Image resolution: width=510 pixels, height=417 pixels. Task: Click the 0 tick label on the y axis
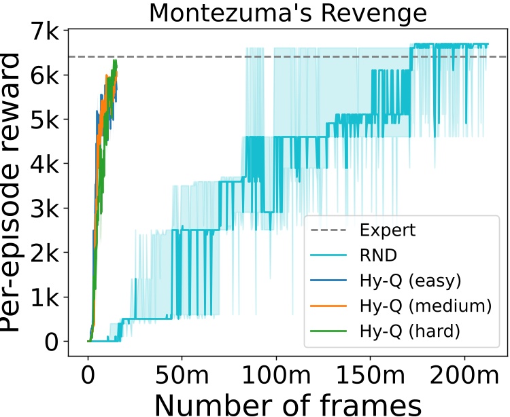pyautogui.click(x=52, y=342)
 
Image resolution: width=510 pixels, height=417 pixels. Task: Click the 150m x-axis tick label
pyautogui.click(x=370, y=372)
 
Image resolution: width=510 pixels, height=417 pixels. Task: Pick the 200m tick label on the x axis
pyautogui.click(x=464, y=372)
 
